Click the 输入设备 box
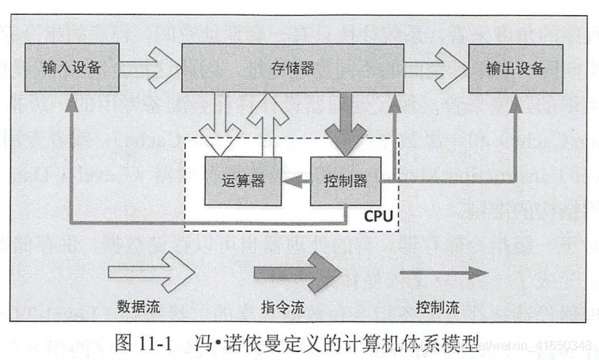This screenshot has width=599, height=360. point(71,67)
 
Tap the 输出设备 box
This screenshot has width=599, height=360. point(517,67)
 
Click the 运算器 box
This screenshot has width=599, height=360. point(241,180)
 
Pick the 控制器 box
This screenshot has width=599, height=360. point(345,180)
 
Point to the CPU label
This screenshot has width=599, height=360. point(377,214)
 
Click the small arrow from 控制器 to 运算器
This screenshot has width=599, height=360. point(296,181)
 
